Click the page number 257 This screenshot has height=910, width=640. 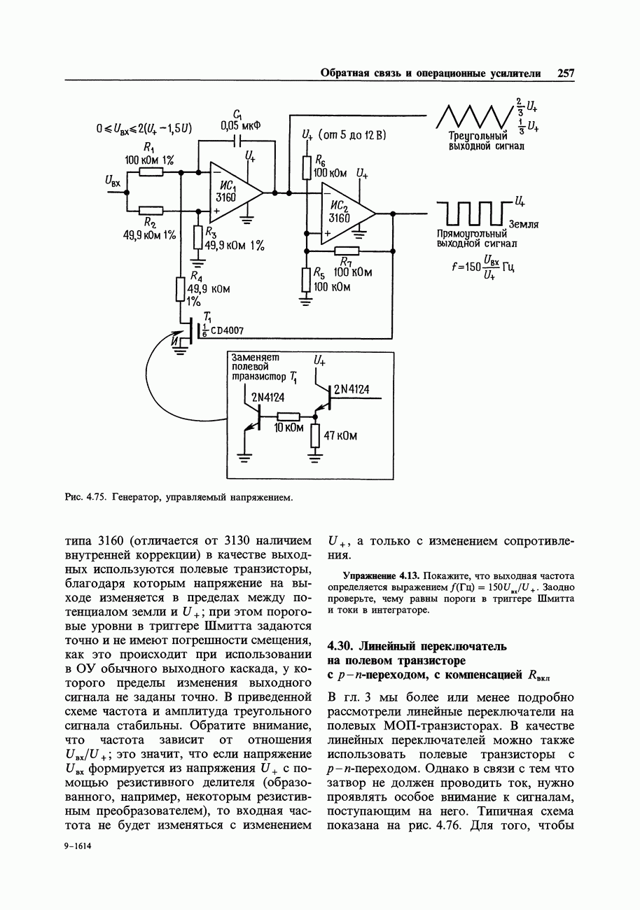(x=566, y=73)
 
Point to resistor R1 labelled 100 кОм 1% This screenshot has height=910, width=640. (x=151, y=171)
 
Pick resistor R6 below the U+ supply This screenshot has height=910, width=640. (x=307, y=167)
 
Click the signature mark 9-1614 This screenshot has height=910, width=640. (x=78, y=846)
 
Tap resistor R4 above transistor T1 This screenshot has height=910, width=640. (x=181, y=289)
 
